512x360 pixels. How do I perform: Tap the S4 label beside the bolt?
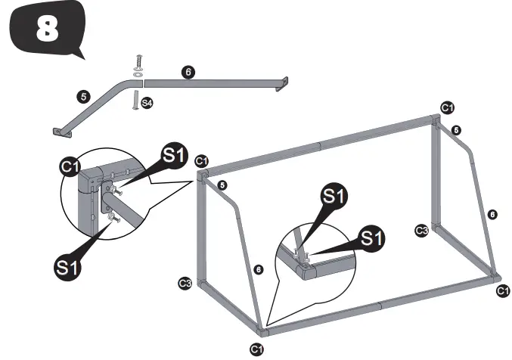pos(147,102)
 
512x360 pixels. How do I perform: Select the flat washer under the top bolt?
pos(138,75)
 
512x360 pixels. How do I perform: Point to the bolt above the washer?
pos(138,62)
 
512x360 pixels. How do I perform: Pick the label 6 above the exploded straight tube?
pos(188,72)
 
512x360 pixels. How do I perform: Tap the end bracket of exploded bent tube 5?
pos(60,132)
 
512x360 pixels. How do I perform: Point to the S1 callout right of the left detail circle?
pos(173,157)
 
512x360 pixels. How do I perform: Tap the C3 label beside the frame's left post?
pos(184,284)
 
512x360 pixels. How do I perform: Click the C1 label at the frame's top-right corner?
pos(447,107)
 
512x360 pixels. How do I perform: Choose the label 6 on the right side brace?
pos(492,214)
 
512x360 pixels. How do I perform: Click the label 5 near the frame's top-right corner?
pos(457,131)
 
